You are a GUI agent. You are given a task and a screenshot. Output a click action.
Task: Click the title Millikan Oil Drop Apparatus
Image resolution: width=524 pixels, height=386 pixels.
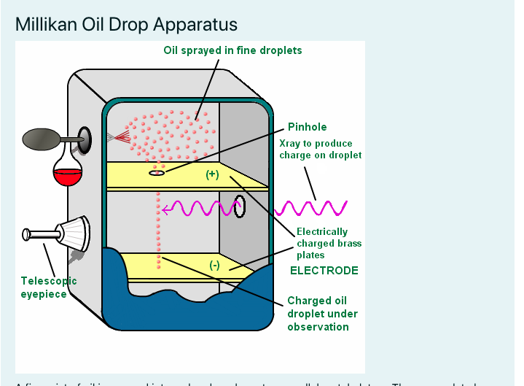click(126, 24)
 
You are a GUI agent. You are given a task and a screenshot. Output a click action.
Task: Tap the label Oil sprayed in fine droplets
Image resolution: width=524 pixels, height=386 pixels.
click(232, 50)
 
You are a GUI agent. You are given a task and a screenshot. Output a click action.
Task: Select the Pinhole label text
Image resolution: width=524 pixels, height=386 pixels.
click(307, 127)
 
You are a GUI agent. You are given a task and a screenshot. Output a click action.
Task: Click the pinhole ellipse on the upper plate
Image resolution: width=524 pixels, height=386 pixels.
click(158, 173)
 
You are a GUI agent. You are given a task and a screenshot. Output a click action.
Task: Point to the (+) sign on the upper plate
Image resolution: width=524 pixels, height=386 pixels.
click(212, 174)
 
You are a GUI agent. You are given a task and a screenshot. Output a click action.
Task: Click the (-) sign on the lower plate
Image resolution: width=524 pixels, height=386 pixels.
click(214, 265)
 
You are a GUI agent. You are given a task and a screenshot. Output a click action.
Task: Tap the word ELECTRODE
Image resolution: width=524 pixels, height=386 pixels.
click(324, 271)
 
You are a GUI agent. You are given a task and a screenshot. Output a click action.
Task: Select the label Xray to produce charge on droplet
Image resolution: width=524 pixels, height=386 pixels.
click(321, 149)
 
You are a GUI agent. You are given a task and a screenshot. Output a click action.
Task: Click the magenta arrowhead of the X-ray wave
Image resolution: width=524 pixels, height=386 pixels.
click(167, 209)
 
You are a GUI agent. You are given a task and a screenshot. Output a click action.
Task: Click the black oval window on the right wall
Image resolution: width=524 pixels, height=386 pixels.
click(239, 206)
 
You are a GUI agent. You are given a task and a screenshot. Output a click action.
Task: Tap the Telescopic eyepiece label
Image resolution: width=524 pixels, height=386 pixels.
click(48, 287)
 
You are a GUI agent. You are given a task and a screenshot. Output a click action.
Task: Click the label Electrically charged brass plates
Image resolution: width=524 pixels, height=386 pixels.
click(329, 244)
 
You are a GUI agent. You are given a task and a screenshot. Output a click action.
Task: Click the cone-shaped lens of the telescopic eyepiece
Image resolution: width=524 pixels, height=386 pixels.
click(75, 233)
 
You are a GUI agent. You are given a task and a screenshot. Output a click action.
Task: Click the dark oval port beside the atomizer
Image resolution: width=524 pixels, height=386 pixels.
click(86, 139)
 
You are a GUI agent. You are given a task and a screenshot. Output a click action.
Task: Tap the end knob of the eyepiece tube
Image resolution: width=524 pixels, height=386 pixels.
click(27, 234)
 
